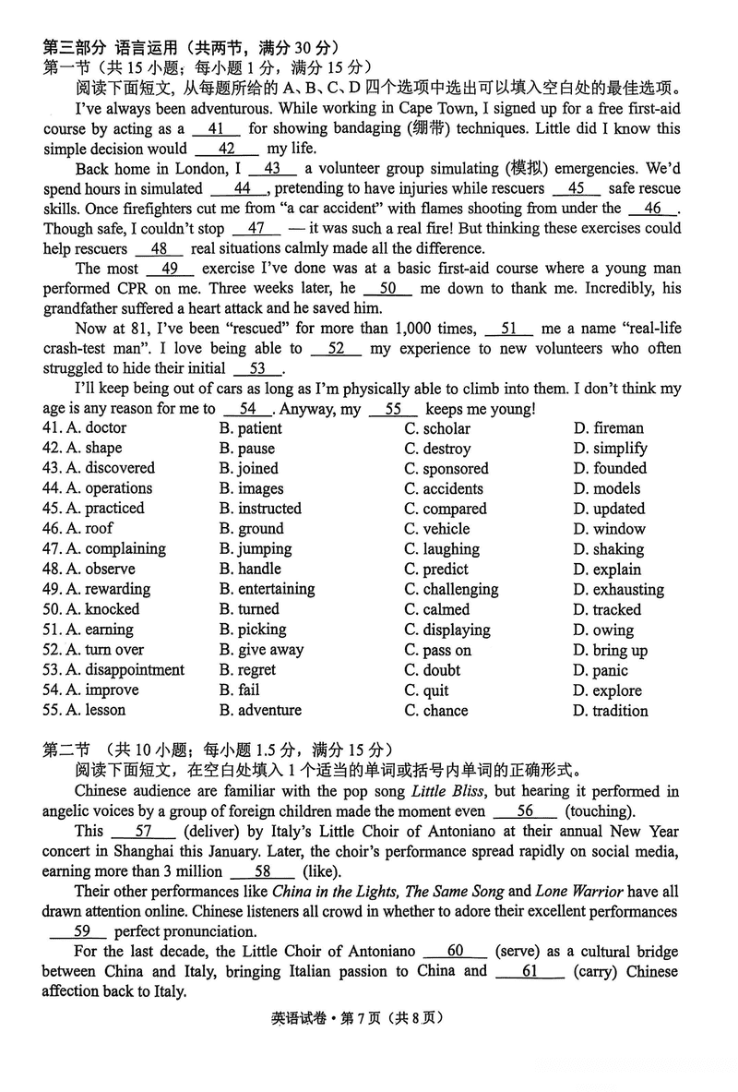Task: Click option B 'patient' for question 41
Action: click(x=251, y=428)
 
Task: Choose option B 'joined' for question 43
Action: click(x=249, y=469)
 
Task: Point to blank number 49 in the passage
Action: click(x=170, y=269)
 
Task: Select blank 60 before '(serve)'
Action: click(x=455, y=951)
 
